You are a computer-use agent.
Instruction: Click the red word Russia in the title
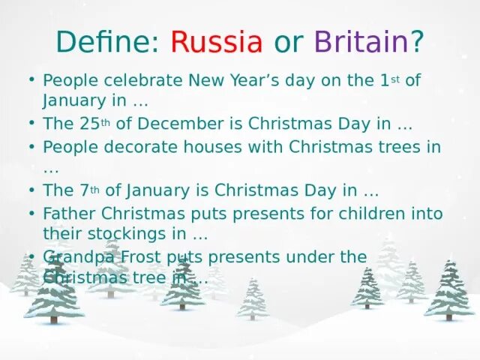pyautogui.click(x=217, y=41)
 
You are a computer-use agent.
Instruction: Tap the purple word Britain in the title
pyautogui.click(x=361, y=41)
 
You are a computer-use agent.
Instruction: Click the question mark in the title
pyautogui.click(x=417, y=41)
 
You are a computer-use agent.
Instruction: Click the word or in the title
pyautogui.click(x=288, y=41)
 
